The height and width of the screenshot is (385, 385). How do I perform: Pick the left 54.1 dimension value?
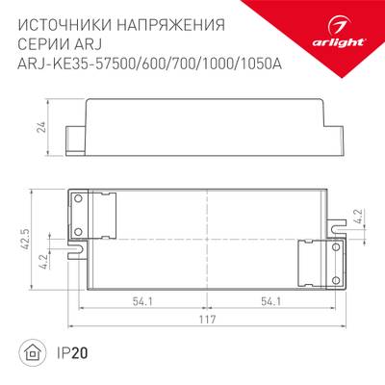pyautogui.click(x=144, y=303)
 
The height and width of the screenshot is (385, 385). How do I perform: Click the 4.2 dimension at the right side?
pyautogui.click(x=357, y=218)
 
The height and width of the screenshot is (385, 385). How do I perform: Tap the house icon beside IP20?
pyautogui.click(x=33, y=353)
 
